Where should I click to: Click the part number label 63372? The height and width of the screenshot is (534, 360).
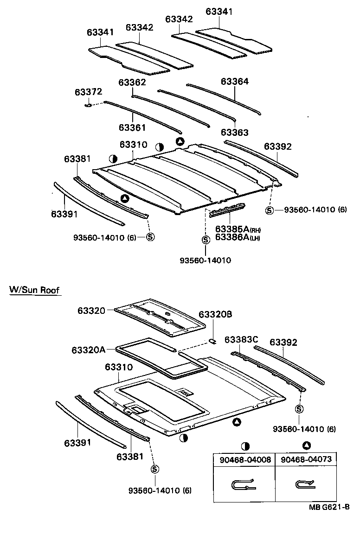(x=88, y=92)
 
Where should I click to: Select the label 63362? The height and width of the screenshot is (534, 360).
(x=132, y=83)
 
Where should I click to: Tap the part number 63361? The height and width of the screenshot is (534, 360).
(x=132, y=127)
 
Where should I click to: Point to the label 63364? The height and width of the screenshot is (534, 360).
(x=235, y=82)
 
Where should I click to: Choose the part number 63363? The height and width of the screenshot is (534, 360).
(x=235, y=132)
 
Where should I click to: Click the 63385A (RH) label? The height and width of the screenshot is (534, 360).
(x=236, y=229)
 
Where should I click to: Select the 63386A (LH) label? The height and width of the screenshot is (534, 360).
(x=236, y=237)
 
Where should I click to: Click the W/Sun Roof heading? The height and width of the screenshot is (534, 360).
(x=35, y=291)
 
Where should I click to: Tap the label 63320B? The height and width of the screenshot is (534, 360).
(x=215, y=315)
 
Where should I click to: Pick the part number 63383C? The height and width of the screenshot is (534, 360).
(x=241, y=340)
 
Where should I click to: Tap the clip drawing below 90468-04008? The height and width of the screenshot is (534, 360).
(x=244, y=485)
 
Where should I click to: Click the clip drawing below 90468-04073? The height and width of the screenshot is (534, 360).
(x=305, y=485)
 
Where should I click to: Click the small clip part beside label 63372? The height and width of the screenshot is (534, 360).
(x=87, y=105)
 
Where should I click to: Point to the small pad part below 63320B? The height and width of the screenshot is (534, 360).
(x=212, y=341)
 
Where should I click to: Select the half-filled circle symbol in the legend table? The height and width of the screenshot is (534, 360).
(x=245, y=446)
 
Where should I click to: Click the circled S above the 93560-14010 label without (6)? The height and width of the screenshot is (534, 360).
(x=206, y=240)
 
